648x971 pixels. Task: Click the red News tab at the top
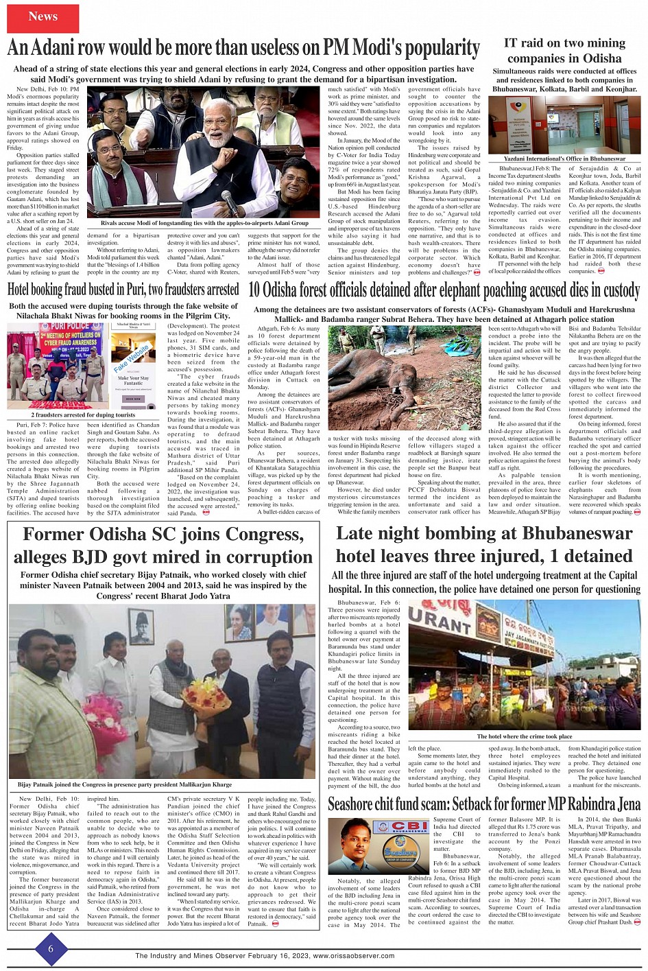coord(43,16)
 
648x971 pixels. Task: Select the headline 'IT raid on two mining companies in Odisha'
coord(564,50)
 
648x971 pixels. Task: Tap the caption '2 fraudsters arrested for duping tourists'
coord(83,414)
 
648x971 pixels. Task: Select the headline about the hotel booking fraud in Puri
coord(123,290)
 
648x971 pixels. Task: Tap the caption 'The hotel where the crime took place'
coord(525,736)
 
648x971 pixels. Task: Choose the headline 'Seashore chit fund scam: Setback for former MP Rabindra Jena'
coord(483,804)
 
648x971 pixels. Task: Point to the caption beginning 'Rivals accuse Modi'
coord(204,223)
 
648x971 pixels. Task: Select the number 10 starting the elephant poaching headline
coord(254,290)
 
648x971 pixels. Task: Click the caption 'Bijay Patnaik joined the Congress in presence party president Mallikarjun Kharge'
coord(125,784)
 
